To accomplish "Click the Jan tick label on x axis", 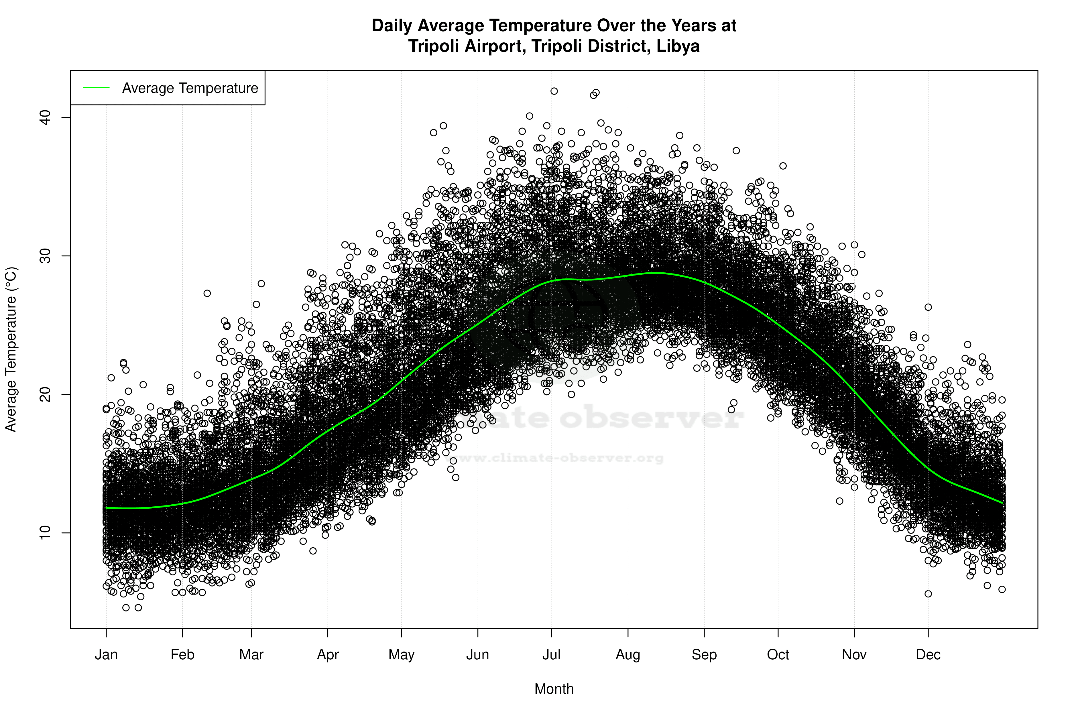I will [106, 655].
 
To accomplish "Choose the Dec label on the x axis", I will [928, 655].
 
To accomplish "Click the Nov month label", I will [854, 655].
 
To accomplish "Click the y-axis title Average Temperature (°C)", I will [11, 349].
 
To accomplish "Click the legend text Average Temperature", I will [190, 88].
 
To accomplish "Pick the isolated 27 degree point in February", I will [207, 293].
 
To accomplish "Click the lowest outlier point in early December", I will [928, 594].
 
